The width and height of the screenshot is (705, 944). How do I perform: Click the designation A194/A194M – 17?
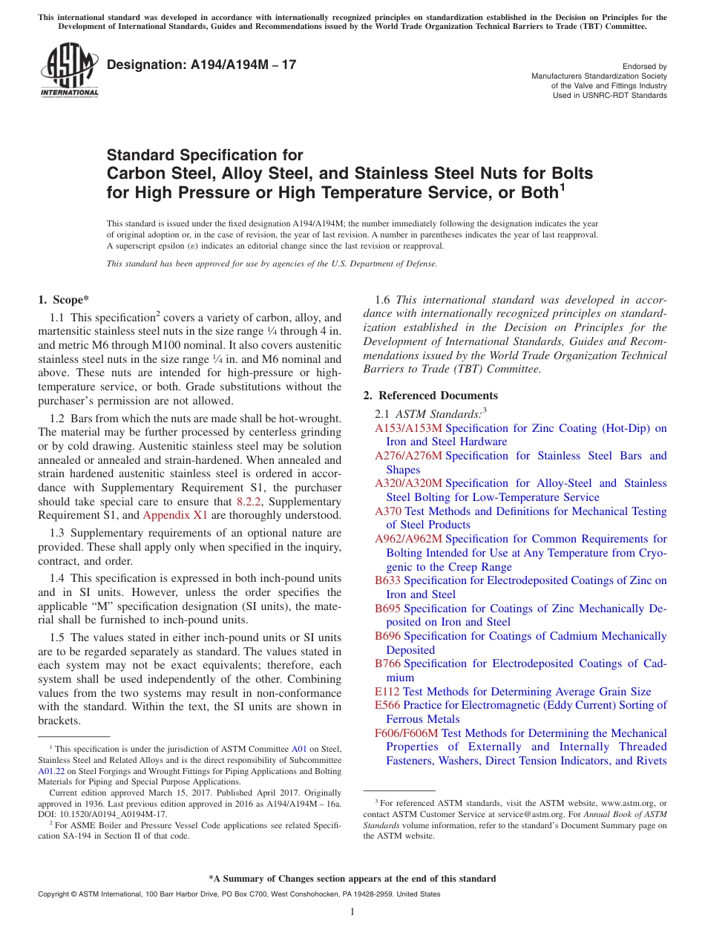201,65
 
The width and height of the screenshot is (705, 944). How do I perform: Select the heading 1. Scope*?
63,300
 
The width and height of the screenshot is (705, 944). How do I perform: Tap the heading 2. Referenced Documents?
430,396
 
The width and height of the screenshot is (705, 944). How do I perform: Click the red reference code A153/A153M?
408,428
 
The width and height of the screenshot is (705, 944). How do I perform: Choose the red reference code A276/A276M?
408,456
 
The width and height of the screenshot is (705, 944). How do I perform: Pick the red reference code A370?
388,511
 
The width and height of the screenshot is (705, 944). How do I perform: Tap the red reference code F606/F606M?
407,733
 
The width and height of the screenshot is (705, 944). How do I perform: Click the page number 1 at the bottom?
352,911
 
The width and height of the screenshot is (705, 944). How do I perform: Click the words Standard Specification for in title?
205,155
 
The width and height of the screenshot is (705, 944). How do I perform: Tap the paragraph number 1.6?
383,300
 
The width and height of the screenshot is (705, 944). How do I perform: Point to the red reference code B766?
388,663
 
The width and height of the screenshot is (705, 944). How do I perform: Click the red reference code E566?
387,705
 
